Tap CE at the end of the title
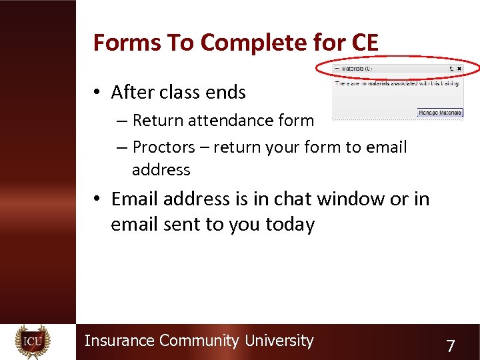[363, 43]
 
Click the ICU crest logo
[33, 342]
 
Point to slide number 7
[451, 346]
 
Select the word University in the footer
[279, 341]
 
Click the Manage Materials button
[440, 113]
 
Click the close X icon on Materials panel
[459, 69]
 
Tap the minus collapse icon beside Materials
[337, 69]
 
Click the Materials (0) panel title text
[358, 69]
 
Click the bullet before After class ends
[98, 93]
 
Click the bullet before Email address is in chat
[98, 199]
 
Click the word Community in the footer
[199, 341]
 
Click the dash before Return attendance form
[121, 121]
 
